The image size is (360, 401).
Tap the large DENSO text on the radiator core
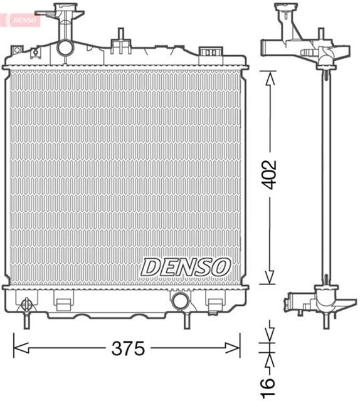[x=185, y=267]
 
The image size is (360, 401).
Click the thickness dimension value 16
[x=268, y=382]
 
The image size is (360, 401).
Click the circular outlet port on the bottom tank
[x=180, y=301]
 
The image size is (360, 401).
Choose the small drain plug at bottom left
[x=26, y=306]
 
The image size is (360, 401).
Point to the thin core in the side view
[x=324, y=175]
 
